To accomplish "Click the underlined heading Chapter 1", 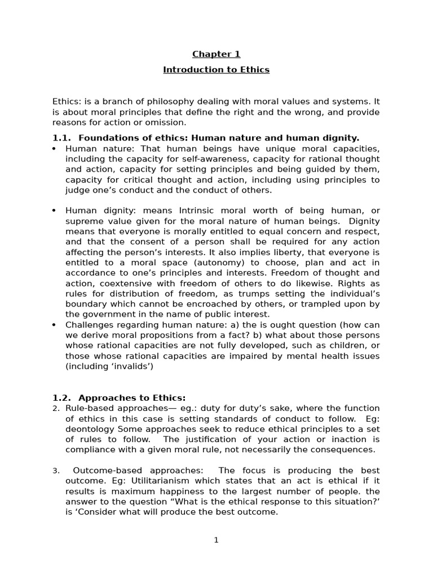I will click(x=216, y=54).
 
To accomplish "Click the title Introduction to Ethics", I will click(x=216, y=70).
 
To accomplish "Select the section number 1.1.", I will click(x=62, y=138).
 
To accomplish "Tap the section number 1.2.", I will click(x=62, y=397).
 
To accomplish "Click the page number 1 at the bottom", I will click(x=216, y=540).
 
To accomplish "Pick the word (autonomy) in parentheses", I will click(x=191, y=262).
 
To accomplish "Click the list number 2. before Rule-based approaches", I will click(x=55, y=409).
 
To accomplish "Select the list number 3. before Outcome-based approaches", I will click(x=55, y=471).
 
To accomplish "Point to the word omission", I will click(x=167, y=122).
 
